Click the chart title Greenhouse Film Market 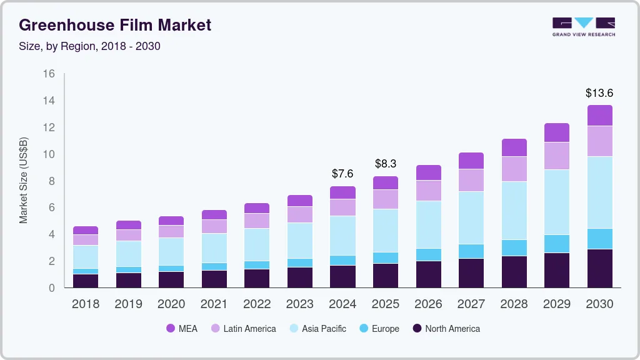coord(115,25)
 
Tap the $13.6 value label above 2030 coord(599,93)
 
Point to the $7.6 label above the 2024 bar coord(342,174)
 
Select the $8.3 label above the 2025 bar coord(386,164)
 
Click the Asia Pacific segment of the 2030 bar coord(599,192)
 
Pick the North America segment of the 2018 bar coord(85,281)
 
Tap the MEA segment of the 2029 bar coord(556,132)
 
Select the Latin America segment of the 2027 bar coord(471,180)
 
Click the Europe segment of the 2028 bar coord(514,247)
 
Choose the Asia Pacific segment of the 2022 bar coord(257,244)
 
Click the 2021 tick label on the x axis coord(214,304)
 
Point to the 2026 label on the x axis coord(428,304)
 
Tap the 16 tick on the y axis coord(49,74)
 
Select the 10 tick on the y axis coord(49,154)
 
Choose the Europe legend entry coord(380,329)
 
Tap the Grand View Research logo coord(583,26)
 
